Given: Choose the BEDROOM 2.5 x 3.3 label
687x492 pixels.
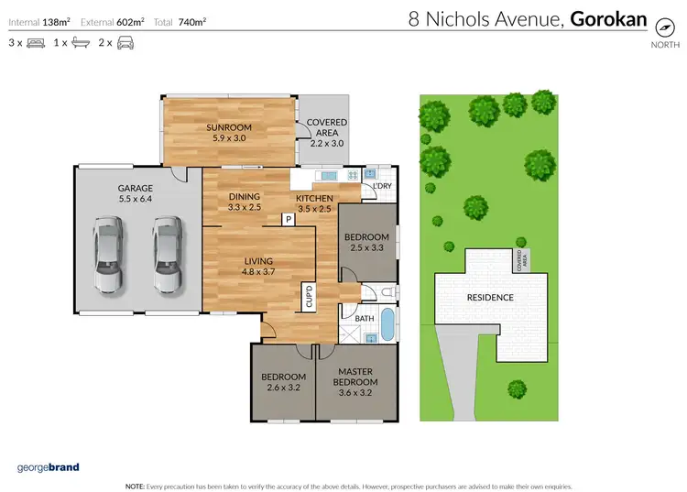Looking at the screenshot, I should [x=366, y=243].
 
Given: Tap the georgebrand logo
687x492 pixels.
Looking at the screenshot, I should [x=48, y=467].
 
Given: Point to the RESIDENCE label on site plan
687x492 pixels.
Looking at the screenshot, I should [x=491, y=298].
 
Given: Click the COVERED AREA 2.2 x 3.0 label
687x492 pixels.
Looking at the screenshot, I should [x=326, y=133].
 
